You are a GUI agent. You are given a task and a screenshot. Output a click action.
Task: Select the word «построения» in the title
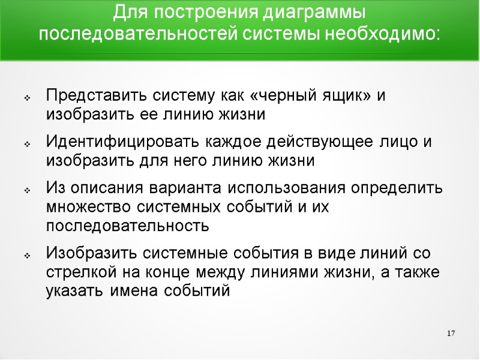click(205, 13)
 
